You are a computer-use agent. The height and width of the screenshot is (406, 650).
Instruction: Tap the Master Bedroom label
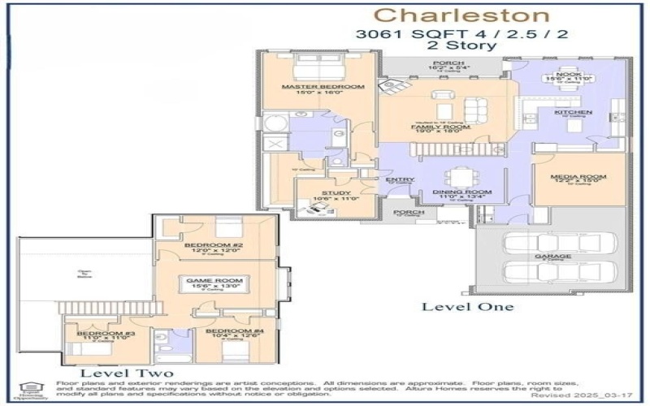311,86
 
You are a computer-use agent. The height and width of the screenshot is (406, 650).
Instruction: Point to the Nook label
568,74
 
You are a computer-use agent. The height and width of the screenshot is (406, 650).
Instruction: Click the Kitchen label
573,111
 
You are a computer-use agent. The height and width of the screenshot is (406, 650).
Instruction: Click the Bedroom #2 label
210,245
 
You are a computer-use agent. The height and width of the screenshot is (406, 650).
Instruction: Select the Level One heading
467,306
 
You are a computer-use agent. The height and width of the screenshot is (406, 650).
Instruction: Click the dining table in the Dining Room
459,175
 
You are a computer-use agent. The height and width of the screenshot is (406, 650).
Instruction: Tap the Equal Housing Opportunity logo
29,388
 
